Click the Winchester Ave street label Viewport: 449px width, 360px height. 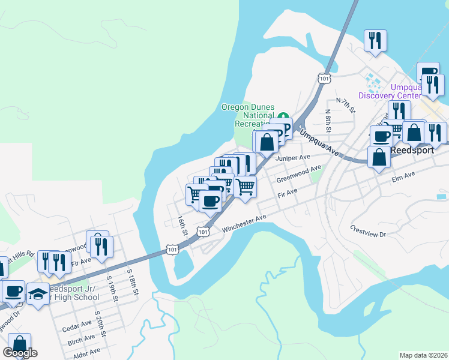[244, 224]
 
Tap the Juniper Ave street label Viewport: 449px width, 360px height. [292, 158]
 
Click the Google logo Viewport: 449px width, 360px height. [20, 352]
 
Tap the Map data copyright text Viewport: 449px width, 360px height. [424, 355]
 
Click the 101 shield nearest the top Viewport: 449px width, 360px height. [325, 78]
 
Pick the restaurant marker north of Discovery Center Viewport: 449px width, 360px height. [375, 41]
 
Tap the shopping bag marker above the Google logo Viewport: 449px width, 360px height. [20, 344]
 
